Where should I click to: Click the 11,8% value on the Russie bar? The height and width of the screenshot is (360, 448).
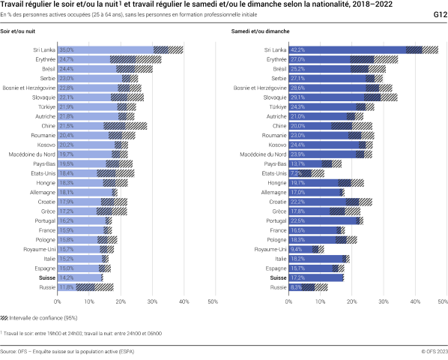[67, 287]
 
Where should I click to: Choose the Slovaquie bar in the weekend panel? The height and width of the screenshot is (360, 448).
[335, 97]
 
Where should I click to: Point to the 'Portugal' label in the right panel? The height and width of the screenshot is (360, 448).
[273, 220]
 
